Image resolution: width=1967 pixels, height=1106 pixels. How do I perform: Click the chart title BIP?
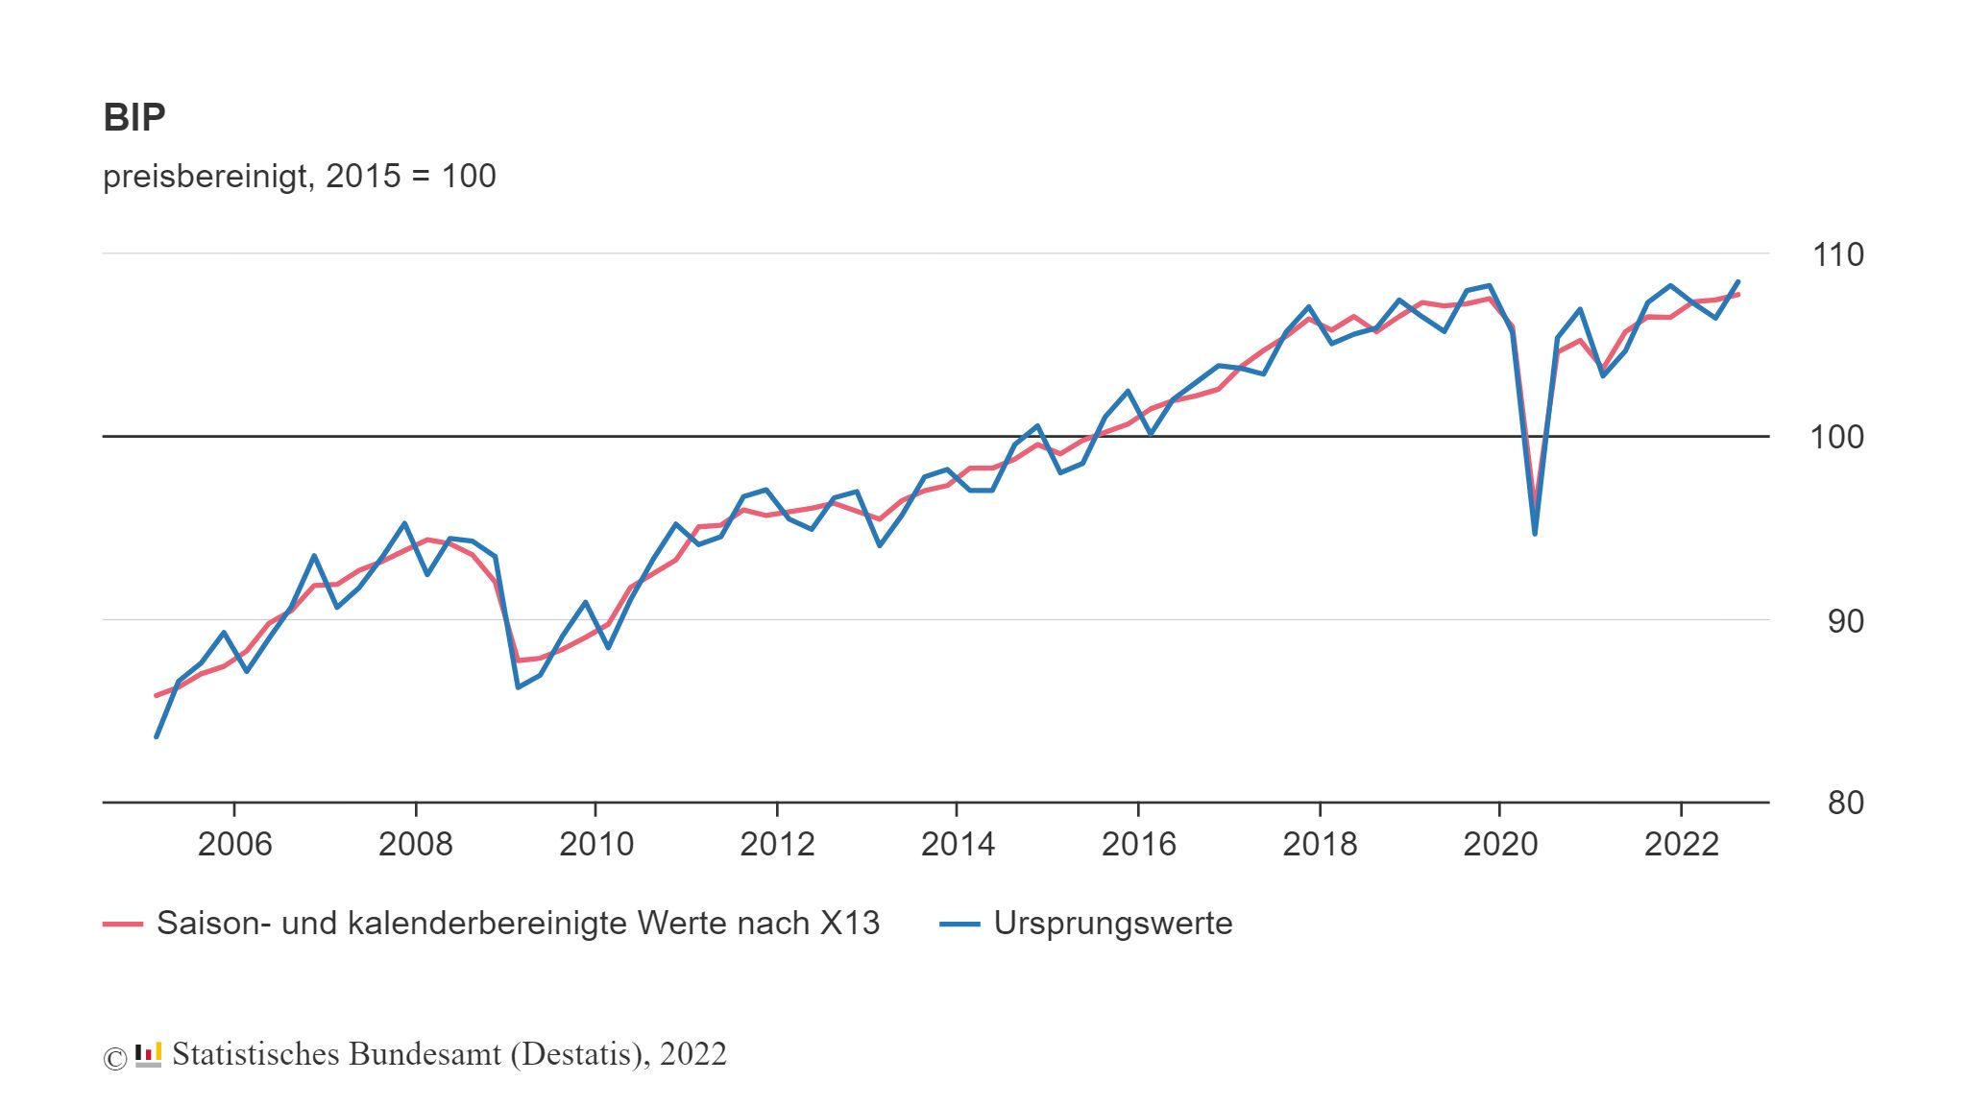point(134,117)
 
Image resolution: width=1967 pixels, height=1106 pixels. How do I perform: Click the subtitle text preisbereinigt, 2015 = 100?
point(299,176)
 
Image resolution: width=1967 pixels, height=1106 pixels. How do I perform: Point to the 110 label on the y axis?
point(1837,254)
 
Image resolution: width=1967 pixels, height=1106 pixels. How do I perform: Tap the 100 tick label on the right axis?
point(1836,437)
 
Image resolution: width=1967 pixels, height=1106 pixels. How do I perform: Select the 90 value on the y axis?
point(1845,621)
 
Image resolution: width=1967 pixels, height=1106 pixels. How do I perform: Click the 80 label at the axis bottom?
point(1845,803)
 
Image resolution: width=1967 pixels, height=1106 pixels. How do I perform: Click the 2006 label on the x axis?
point(234,844)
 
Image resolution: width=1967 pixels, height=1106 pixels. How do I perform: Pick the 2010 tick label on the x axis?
point(596,844)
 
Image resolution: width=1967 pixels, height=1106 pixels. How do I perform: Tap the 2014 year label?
point(958,844)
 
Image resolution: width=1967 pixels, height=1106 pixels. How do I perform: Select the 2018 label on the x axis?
point(1320,844)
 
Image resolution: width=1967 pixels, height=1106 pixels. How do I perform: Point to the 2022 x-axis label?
point(1681,844)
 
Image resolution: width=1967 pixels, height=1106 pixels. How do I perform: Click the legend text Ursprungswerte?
point(1112,923)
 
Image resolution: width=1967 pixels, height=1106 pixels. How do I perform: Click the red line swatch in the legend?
point(123,924)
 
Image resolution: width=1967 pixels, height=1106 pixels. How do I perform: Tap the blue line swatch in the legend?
point(959,924)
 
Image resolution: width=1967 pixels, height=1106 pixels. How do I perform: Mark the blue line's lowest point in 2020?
point(1535,533)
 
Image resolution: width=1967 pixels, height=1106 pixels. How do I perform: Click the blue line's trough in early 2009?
point(518,687)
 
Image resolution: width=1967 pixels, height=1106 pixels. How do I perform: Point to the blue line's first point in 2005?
point(157,736)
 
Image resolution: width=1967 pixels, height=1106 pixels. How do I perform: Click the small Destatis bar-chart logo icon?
point(148,1054)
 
